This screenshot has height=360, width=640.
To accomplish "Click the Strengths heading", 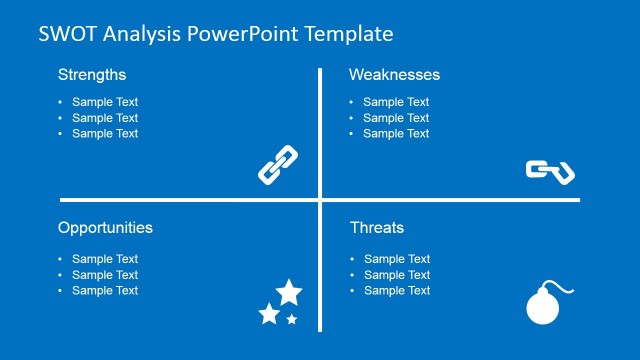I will click(x=92, y=75).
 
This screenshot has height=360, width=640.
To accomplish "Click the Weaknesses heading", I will click(x=394, y=75).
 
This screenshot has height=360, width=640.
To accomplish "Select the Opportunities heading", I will click(x=105, y=228).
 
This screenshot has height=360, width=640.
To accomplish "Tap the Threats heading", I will click(x=377, y=228).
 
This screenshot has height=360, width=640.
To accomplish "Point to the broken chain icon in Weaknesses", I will click(x=550, y=171).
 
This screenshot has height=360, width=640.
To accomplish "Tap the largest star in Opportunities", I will click(x=289, y=293).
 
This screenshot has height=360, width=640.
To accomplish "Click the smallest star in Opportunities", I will click(x=292, y=319).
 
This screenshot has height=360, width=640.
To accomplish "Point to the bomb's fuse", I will click(x=565, y=289).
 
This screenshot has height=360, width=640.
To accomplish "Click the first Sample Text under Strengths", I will click(x=105, y=102).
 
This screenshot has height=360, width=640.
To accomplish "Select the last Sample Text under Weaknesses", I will click(x=396, y=134).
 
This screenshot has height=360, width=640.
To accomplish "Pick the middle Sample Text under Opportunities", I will click(x=105, y=275).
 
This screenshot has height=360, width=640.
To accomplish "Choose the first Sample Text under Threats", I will click(x=396, y=259).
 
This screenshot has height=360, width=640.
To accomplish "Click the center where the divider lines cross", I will click(x=320, y=200).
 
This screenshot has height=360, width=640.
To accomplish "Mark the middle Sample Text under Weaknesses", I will click(x=396, y=118).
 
